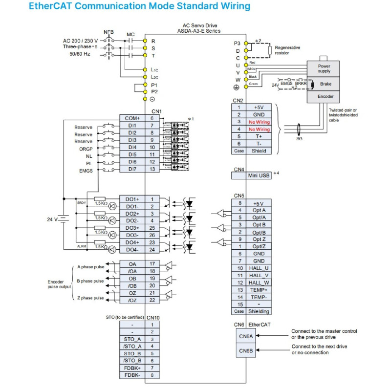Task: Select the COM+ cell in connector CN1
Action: tap(132, 118)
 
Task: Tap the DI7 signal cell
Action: tap(132, 169)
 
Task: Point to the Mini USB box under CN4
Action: tap(259, 175)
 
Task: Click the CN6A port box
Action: tap(246, 336)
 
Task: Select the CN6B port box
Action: tap(246, 351)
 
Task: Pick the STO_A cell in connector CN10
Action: tap(132, 339)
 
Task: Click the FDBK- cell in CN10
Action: tap(132, 375)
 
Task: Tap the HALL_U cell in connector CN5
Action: tap(259, 268)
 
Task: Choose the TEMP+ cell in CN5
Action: tap(259, 289)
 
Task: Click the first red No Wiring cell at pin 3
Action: tap(259, 122)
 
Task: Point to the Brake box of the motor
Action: tap(326, 84)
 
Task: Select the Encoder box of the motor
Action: tap(326, 97)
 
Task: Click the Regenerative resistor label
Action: tap(287, 50)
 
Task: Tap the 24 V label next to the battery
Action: tap(52, 219)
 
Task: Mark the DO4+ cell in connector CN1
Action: tap(132, 242)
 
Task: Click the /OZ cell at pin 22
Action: tap(132, 300)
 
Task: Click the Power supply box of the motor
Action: tap(324, 68)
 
